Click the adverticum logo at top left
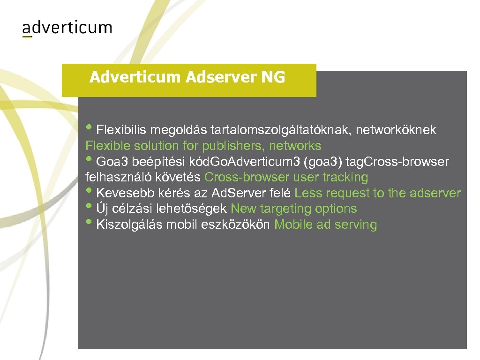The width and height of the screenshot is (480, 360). pyautogui.click(x=67, y=28)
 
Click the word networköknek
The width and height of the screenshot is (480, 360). pyautogui.click(x=396, y=130)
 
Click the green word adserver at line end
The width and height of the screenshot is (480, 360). pyautogui.click(x=435, y=193)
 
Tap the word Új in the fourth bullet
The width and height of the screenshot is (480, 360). pyautogui.click(x=101, y=209)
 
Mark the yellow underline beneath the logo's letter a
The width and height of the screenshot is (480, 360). pyautogui.click(x=27, y=37)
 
